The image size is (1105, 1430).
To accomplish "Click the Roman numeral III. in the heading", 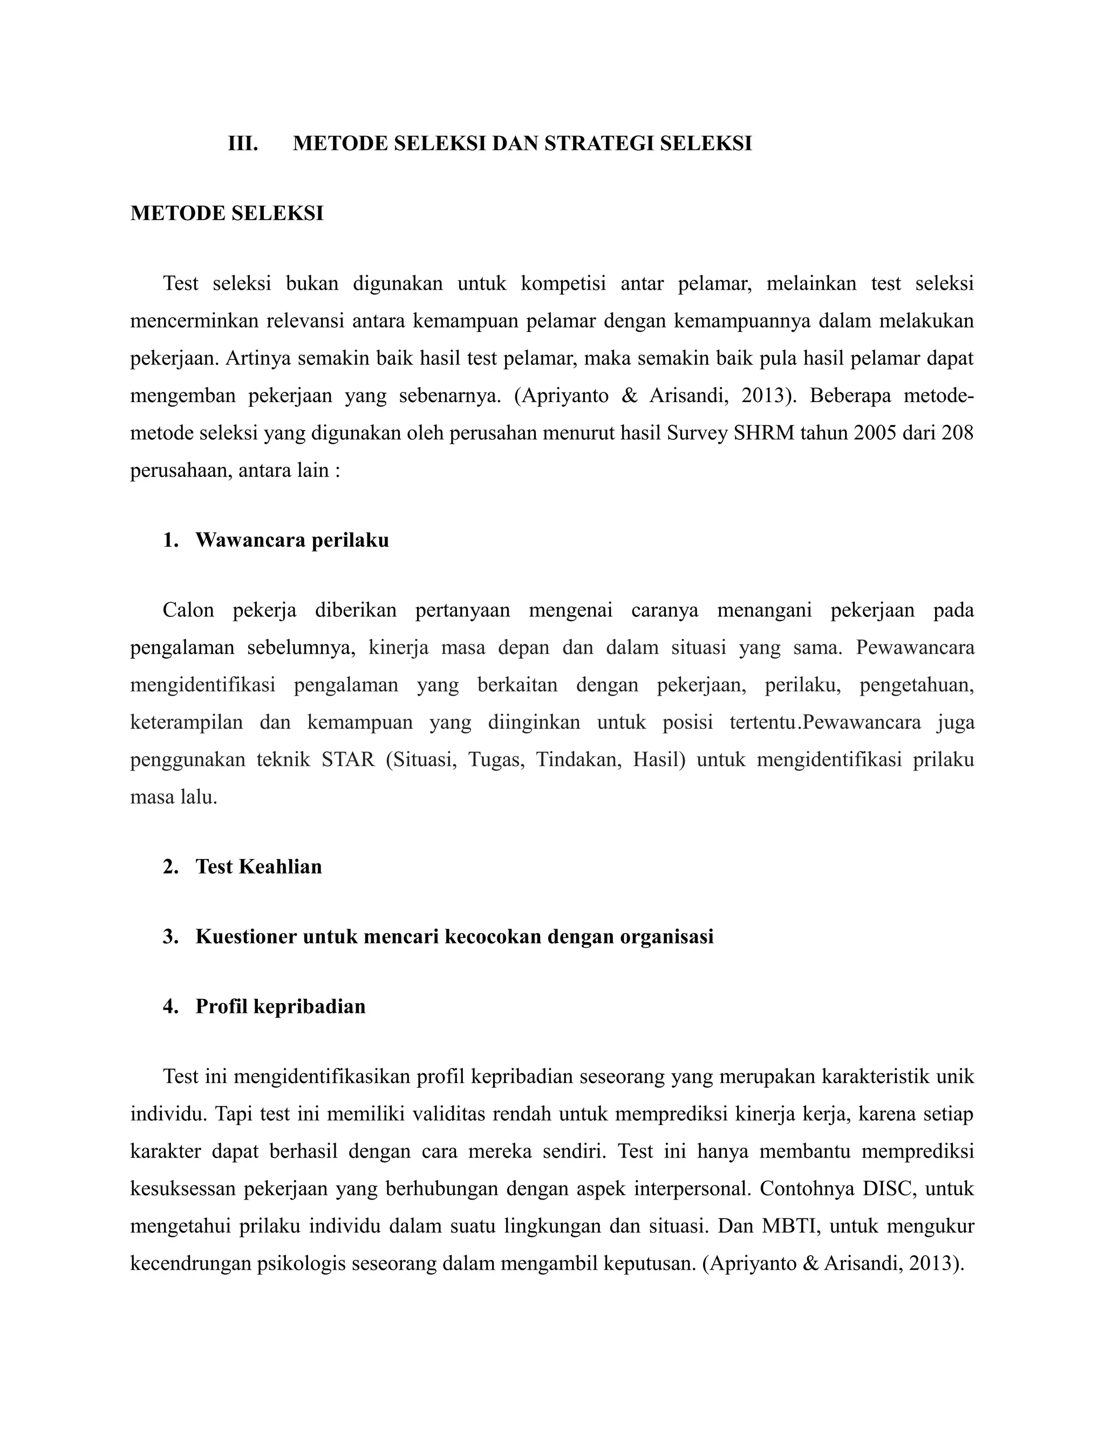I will tap(243, 144).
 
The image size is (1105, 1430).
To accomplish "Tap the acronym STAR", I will tap(348, 760).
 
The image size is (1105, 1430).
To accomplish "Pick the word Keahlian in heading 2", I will tap(280, 867).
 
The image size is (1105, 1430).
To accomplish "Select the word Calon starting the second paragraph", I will tap(188, 610).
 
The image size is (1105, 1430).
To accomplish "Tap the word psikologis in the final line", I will tap(301, 1263).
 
